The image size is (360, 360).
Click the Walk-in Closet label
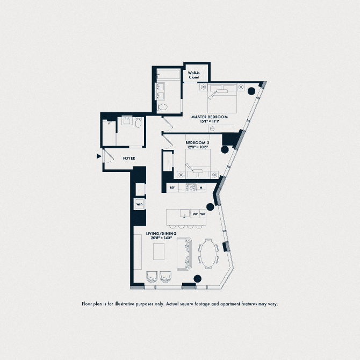coord(193,75)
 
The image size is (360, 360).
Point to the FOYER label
coord(129,159)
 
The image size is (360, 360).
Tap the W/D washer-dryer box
coord(139,205)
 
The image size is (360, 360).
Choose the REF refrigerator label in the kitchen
coord(172,188)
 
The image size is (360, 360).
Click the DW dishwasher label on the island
coord(196,214)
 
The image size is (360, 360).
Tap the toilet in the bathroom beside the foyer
coord(138,123)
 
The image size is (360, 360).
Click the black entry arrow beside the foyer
coord(98,156)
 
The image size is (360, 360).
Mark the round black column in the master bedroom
coord(250,90)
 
